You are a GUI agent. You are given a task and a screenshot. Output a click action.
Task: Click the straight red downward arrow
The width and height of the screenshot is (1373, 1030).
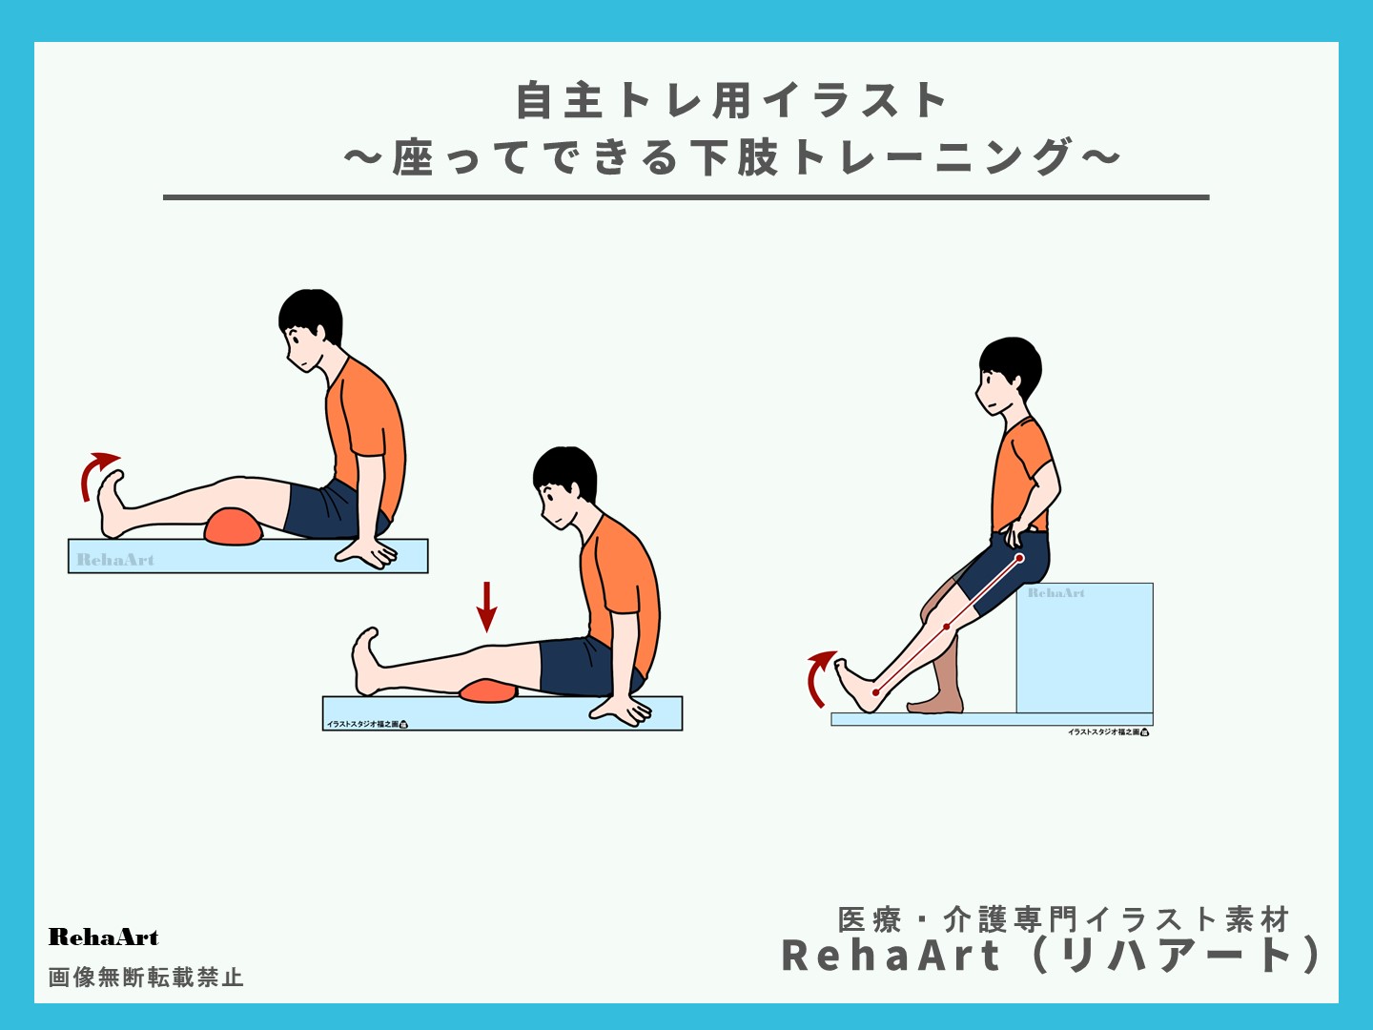[487, 607]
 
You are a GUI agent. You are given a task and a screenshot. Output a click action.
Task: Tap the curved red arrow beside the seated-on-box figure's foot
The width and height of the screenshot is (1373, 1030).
[818, 677]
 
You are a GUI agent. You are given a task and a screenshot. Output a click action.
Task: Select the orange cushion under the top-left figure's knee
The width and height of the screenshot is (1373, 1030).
[234, 527]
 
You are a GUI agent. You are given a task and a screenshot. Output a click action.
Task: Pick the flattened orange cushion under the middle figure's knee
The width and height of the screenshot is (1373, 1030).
[487, 690]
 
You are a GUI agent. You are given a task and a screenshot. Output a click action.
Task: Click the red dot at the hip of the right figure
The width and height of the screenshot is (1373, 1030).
[1019, 558]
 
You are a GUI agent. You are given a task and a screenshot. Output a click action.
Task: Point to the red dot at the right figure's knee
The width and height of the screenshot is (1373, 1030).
[946, 627]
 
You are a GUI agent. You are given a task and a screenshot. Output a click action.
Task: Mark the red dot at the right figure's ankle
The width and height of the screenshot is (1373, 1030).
[875, 692]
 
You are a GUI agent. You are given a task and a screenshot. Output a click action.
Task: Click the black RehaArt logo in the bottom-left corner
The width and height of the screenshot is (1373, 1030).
[103, 937]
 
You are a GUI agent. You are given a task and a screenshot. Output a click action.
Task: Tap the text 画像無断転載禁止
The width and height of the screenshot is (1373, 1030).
[146, 978]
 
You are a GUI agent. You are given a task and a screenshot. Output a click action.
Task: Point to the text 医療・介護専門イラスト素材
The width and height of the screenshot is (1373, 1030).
[1063, 919]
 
